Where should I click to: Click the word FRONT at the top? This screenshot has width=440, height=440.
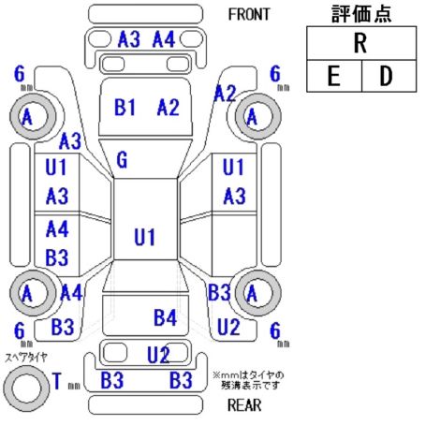coord(249,14)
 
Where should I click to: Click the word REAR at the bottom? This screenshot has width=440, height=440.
coord(244,405)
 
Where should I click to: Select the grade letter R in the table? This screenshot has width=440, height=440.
coord(360,43)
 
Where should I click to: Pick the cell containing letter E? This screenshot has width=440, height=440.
coord(334,76)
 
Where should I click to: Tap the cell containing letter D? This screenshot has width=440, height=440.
coord(389,76)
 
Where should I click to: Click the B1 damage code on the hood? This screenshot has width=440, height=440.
coord(125,107)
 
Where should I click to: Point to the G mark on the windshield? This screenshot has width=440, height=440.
coord(122,160)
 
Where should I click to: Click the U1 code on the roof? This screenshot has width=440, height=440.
coord(144,237)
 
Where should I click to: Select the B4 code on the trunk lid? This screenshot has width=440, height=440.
coord(165,317)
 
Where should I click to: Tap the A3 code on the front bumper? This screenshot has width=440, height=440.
coord(129,39)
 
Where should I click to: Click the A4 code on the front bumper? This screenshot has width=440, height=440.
coord(164,39)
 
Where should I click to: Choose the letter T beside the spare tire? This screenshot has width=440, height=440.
coord(57,381)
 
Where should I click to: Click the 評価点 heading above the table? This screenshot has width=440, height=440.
coord(361,14)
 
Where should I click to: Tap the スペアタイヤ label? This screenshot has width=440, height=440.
coord(26,358)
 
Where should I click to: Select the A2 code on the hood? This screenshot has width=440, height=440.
coord(169,107)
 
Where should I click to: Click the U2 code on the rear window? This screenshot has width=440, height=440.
coord(158,355)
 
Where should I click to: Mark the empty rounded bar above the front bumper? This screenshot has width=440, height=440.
coord(145,14)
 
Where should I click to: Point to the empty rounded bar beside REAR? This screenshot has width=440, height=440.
coord(145,404)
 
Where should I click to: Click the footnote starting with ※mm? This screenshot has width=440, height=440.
coord(248,380)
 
